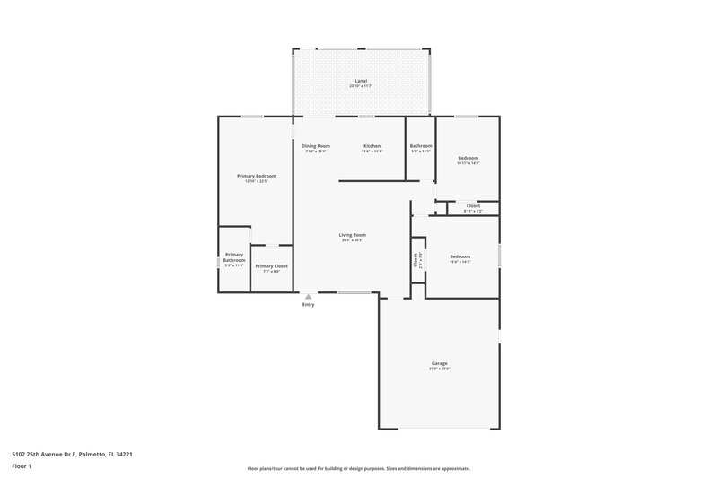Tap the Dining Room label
click(x=315, y=146)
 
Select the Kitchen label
click(x=372, y=146)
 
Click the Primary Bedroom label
click(x=257, y=176)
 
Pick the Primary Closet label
click(x=271, y=266)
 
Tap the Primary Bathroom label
click(x=233, y=257)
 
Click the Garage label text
click(x=439, y=363)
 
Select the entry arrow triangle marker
click(x=308, y=295)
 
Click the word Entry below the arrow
click(x=309, y=305)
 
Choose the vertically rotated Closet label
click(x=416, y=260)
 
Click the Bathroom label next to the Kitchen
click(x=421, y=146)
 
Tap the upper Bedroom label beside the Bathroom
click(x=468, y=158)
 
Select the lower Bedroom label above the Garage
click(x=460, y=256)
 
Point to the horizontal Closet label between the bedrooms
click(x=473, y=206)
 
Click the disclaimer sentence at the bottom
click(x=359, y=468)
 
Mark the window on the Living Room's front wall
click(x=354, y=293)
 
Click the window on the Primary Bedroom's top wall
click(x=251, y=116)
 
